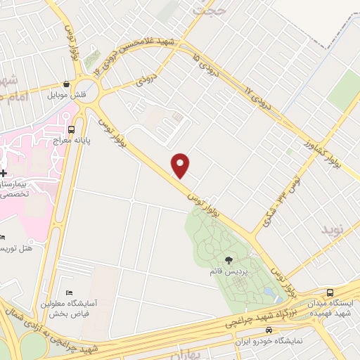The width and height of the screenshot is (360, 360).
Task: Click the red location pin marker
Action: point(181,166)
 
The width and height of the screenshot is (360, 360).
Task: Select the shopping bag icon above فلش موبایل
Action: point(66,83)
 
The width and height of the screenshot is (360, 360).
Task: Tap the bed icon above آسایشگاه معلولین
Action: point(68,292)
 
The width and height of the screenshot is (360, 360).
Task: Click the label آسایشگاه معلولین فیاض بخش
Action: point(82,309)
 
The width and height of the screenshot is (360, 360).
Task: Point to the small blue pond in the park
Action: point(269,290)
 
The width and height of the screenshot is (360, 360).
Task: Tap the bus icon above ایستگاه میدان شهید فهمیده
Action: point(330,292)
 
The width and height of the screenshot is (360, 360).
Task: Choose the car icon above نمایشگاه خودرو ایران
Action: point(269,330)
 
